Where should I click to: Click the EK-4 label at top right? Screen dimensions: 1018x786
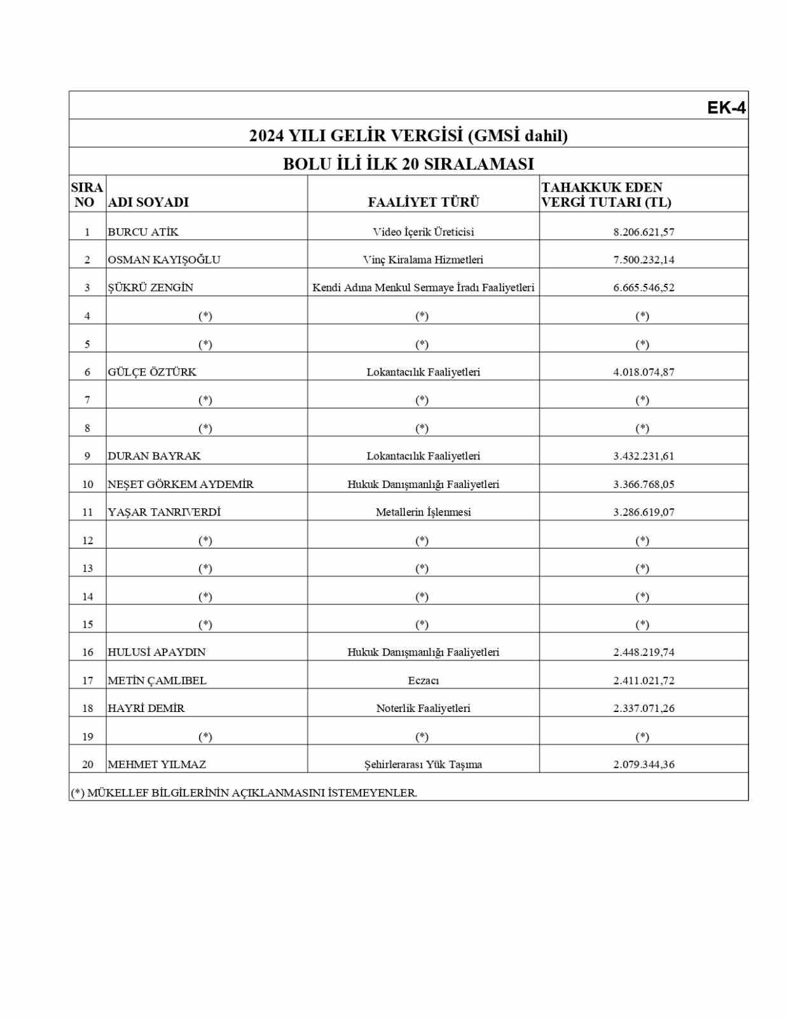[726, 108]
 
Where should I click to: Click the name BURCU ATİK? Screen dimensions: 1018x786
[143, 232]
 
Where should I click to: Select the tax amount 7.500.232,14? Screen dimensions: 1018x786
[644, 260]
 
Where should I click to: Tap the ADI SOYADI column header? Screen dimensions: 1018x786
[148, 202]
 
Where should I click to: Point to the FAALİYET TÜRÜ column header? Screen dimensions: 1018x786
[423, 202]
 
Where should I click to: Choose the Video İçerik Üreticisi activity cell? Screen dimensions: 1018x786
[423, 232]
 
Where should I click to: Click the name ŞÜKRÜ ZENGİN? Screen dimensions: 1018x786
[150, 288]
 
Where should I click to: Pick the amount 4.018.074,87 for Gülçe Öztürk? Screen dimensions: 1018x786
[644, 372]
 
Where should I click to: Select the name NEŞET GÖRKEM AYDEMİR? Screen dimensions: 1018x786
[181, 484]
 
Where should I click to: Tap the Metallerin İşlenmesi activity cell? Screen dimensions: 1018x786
[423, 512]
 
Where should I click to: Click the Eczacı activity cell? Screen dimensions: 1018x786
[423, 680]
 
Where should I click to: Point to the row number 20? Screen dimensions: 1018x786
[88, 765]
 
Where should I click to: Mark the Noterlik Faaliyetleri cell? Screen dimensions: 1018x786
[423, 708]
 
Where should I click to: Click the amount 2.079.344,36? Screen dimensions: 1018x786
[644, 765]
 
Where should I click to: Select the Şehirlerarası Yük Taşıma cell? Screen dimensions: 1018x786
[423, 765]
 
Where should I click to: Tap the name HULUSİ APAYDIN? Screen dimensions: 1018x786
[156, 652]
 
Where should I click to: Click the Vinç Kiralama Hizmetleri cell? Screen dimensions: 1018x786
[423, 260]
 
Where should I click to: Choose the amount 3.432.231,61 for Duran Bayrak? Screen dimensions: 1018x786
[644, 456]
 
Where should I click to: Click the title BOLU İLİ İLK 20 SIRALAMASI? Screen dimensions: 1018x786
[408, 164]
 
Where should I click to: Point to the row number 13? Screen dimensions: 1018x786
[88, 568]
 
